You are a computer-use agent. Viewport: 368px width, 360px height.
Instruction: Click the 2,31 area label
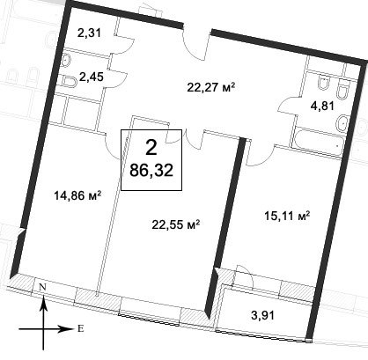coord(89,33)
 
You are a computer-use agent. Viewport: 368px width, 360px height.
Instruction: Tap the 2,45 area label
coord(92,77)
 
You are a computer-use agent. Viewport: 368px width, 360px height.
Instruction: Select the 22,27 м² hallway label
coord(211,87)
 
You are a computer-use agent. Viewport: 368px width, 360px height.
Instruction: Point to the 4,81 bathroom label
coord(322,106)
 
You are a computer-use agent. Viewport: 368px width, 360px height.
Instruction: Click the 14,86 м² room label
coord(77,195)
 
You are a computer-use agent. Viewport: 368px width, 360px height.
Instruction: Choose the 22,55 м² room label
coord(176,224)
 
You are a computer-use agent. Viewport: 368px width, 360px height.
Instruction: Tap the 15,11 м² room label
coord(287,217)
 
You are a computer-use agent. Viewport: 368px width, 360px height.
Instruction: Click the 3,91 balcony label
coord(263,315)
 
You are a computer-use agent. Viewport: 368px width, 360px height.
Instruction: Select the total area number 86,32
coord(151,171)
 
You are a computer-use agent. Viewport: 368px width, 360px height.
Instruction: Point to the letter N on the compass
coord(42,288)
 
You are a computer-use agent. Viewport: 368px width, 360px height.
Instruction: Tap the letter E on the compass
coord(80,328)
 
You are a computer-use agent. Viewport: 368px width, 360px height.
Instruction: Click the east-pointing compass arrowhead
coord(66,329)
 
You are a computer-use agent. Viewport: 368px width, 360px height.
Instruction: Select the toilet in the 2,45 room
coord(70,82)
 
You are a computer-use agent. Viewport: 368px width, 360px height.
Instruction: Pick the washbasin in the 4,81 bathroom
coord(342,123)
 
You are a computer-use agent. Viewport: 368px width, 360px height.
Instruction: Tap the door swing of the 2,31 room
coord(123,43)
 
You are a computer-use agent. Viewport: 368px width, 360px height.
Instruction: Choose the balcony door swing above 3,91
coord(244,276)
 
